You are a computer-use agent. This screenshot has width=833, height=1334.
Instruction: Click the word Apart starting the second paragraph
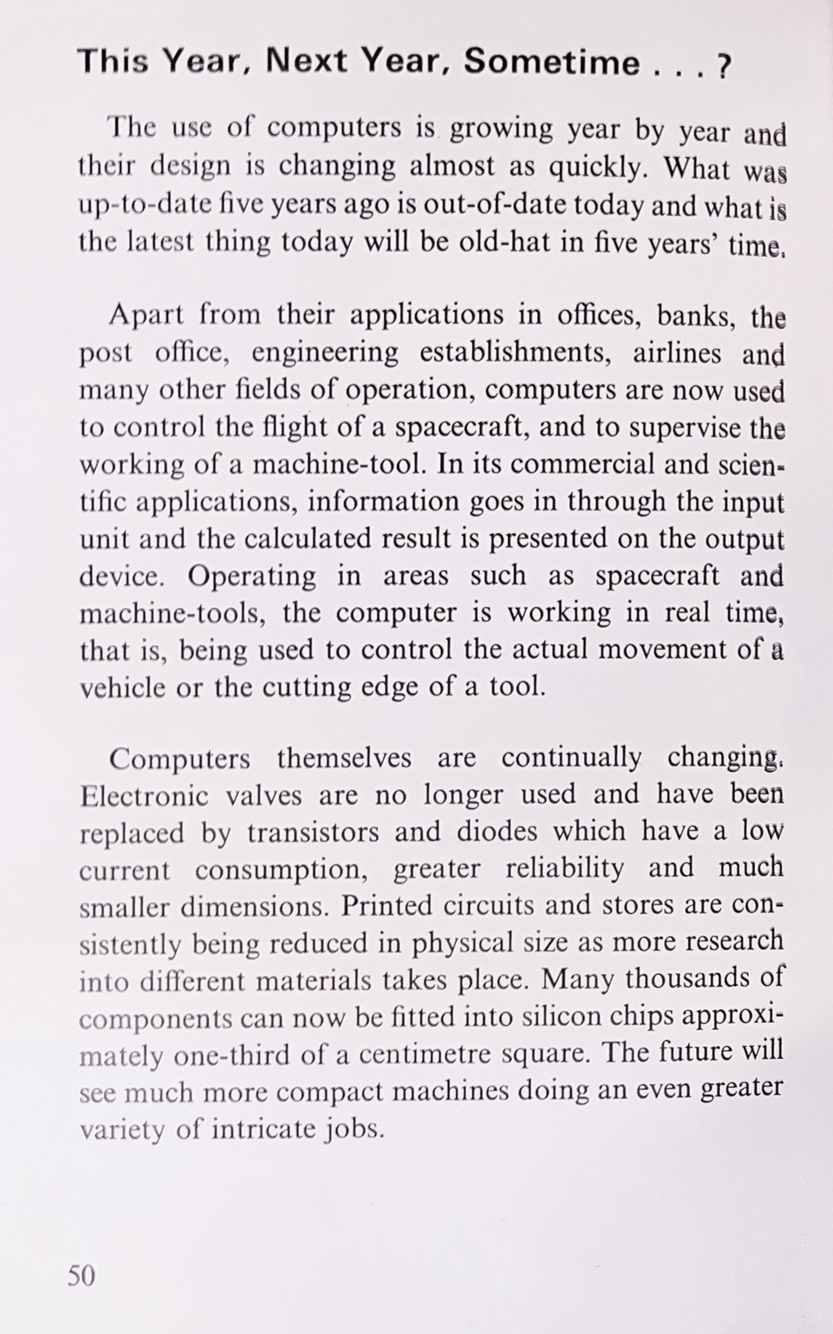point(146,315)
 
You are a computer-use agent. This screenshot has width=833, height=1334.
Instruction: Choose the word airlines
point(677,353)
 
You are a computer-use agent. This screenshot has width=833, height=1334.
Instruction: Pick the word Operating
point(252,577)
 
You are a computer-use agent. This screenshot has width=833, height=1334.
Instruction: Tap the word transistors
point(313,832)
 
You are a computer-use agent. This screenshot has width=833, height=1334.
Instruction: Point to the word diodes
point(496,832)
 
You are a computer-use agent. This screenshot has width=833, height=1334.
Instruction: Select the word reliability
point(565,869)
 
